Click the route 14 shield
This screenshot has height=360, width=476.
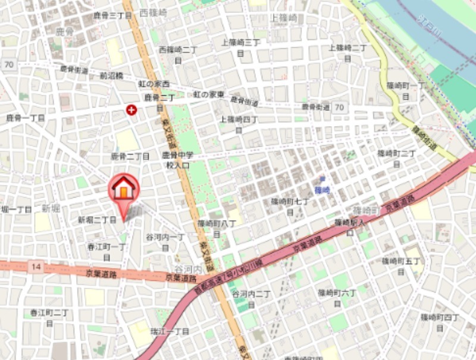tap(37, 267)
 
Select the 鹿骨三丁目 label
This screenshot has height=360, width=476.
tap(112, 15)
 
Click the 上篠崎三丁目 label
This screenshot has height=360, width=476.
tap(240, 47)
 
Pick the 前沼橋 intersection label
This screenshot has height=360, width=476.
tap(111, 76)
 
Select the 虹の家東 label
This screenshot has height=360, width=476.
tap(209, 95)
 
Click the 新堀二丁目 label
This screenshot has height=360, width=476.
tap(97, 220)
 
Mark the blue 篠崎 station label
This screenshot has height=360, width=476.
tap(322, 190)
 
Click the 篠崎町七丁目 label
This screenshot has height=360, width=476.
tap(290, 206)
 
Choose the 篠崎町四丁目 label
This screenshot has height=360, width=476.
tap(439, 322)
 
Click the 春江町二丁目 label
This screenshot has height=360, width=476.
tap(49, 317)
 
